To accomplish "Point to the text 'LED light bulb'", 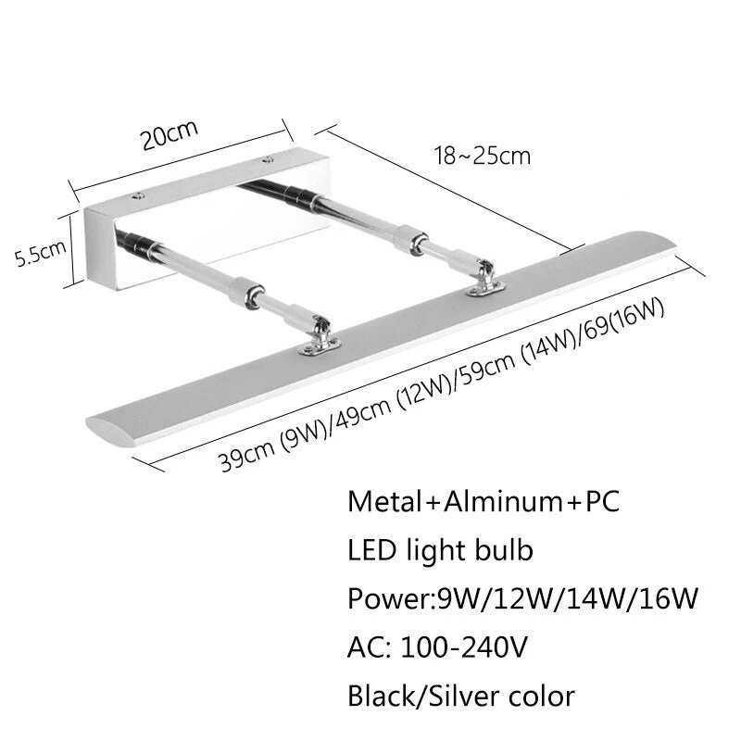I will (x=440, y=551).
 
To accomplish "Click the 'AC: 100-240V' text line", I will (x=437, y=647).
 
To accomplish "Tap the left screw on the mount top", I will (x=138, y=195).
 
